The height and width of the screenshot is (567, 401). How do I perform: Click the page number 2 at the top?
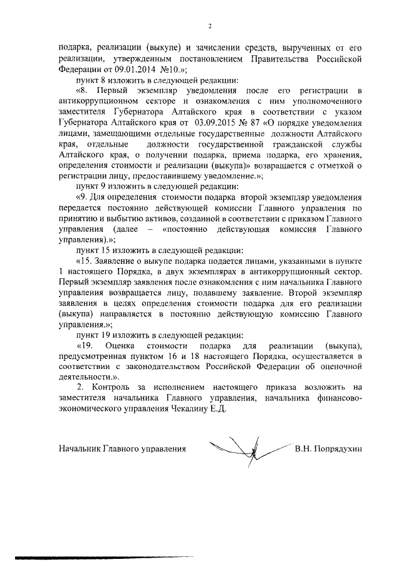pyautogui.click(x=210, y=26)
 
